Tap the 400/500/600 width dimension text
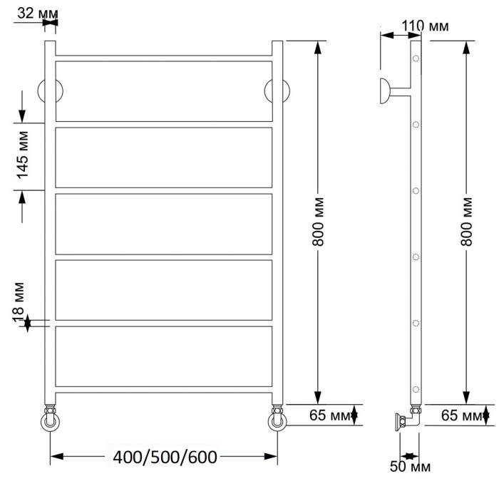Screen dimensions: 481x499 tap(164, 457)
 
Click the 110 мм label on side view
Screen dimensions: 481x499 tap(425, 26)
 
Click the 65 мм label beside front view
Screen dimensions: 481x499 tap(330, 415)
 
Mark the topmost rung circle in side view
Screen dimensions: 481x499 tap(416, 59)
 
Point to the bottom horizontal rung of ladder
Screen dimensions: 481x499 tap(164, 390)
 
